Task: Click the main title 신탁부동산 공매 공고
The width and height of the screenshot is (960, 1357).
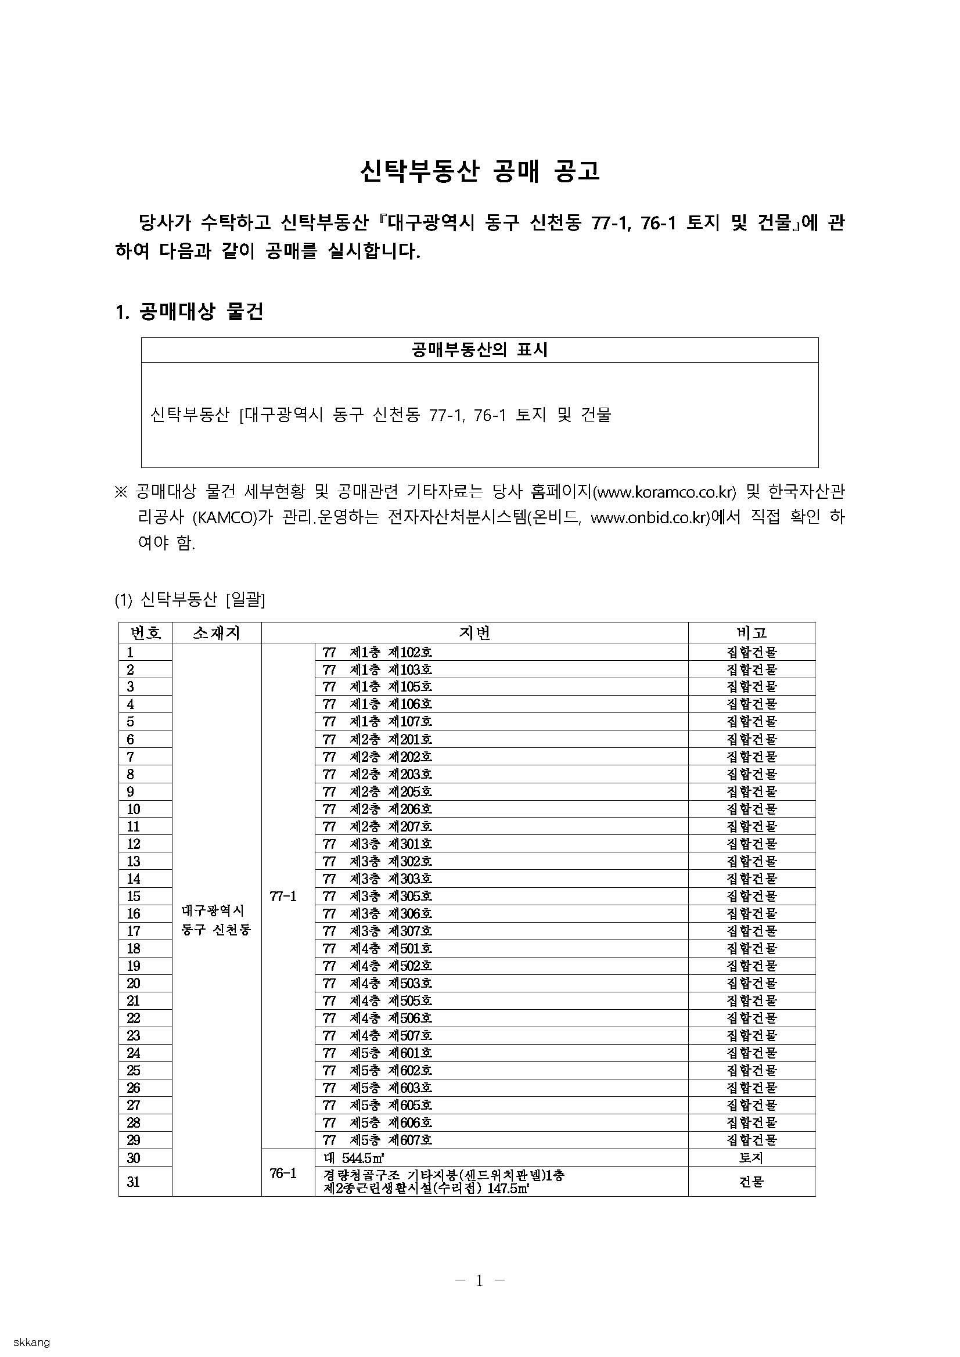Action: (x=479, y=171)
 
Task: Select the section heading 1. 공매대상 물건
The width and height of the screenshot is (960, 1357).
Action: (x=189, y=311)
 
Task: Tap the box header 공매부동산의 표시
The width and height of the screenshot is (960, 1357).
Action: (x=479, y=350)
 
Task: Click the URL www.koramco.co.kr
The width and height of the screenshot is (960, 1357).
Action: (x=666, y=492)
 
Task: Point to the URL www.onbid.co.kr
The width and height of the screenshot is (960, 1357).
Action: (x=649, y=518)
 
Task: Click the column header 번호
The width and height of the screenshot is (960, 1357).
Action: (x=145, y=633)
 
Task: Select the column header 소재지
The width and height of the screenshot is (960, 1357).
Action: (x=217, y=633)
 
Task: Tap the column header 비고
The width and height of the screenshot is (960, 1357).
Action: (x=751, y=633)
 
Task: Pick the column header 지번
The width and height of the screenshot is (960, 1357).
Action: (x=474, y=633)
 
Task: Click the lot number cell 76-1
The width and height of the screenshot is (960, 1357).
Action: (x=283, y=1174)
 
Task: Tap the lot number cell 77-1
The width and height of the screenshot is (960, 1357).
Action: (x=283, y=896)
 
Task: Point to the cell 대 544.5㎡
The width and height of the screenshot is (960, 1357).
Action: (x=355, y=1158)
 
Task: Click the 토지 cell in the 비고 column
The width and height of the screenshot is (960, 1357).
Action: (x=751, y=1158)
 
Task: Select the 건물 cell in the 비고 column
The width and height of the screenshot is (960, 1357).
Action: (x=751, y=1182)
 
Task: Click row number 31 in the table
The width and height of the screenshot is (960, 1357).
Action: (x=134, y=1182)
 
